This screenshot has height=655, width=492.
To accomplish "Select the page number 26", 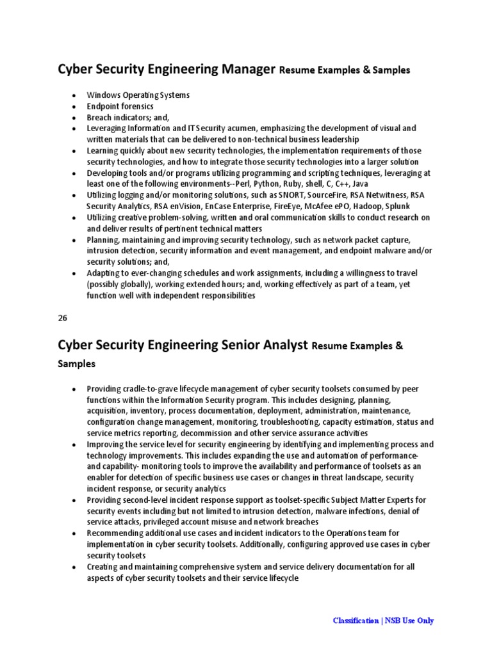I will click(x=63, y=317).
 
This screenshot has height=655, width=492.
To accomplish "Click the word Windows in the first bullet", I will click(x=103, y=95).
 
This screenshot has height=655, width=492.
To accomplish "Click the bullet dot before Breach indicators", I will click(x=74, y=118).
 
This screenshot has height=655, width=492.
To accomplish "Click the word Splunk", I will click(x=397, y=207).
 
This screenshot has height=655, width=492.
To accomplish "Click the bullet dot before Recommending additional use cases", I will click(x=74, y=533).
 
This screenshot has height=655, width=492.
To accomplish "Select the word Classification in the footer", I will click(x=356, y=620).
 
